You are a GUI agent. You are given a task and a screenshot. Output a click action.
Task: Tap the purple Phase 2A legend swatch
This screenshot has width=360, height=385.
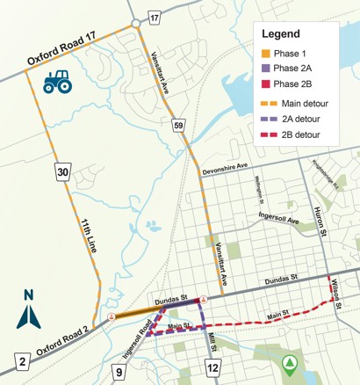264,68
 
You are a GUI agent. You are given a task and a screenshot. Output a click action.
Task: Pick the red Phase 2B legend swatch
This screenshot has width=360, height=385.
264,84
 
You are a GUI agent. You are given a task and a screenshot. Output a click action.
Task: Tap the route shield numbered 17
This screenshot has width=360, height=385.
155,17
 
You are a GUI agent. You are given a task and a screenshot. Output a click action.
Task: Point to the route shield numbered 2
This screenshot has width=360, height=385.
20,360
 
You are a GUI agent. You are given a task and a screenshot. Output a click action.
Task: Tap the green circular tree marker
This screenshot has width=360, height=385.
292,361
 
